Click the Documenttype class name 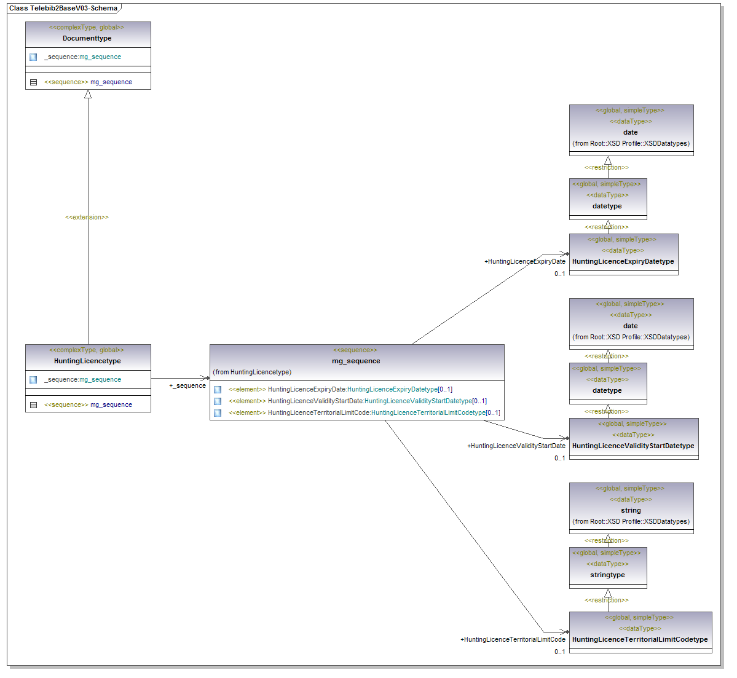point(87,38)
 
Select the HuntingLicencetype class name point(87,361)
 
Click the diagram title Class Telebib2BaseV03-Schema point(63,8)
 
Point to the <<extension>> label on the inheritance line point(87,217)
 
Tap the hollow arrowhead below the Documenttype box point(88,95)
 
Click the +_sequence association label point(187,385)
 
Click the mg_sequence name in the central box point(356,361)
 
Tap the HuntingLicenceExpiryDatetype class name point(623,261)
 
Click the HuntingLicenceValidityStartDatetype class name point(633,446)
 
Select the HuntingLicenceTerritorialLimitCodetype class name point(640,639)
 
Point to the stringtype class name point(607,575)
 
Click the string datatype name point(631,510)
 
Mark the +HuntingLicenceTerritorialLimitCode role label point(513,639)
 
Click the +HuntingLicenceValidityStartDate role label point(516,446)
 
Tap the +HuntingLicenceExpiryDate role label point(525,261)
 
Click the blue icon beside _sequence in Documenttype point(33,57)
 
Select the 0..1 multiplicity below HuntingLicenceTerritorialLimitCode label point(559,652)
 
